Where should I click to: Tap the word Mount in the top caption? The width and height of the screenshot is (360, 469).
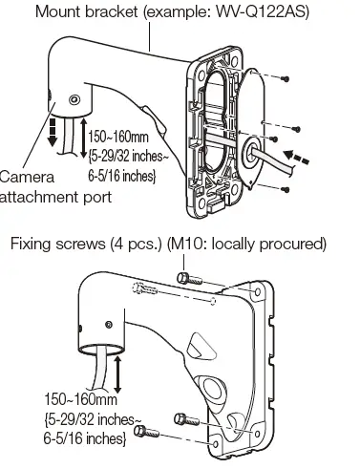pyautogui.click(x=58, y=12)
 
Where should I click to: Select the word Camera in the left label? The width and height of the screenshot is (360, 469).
pyautogui.click(x=22, y=177)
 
